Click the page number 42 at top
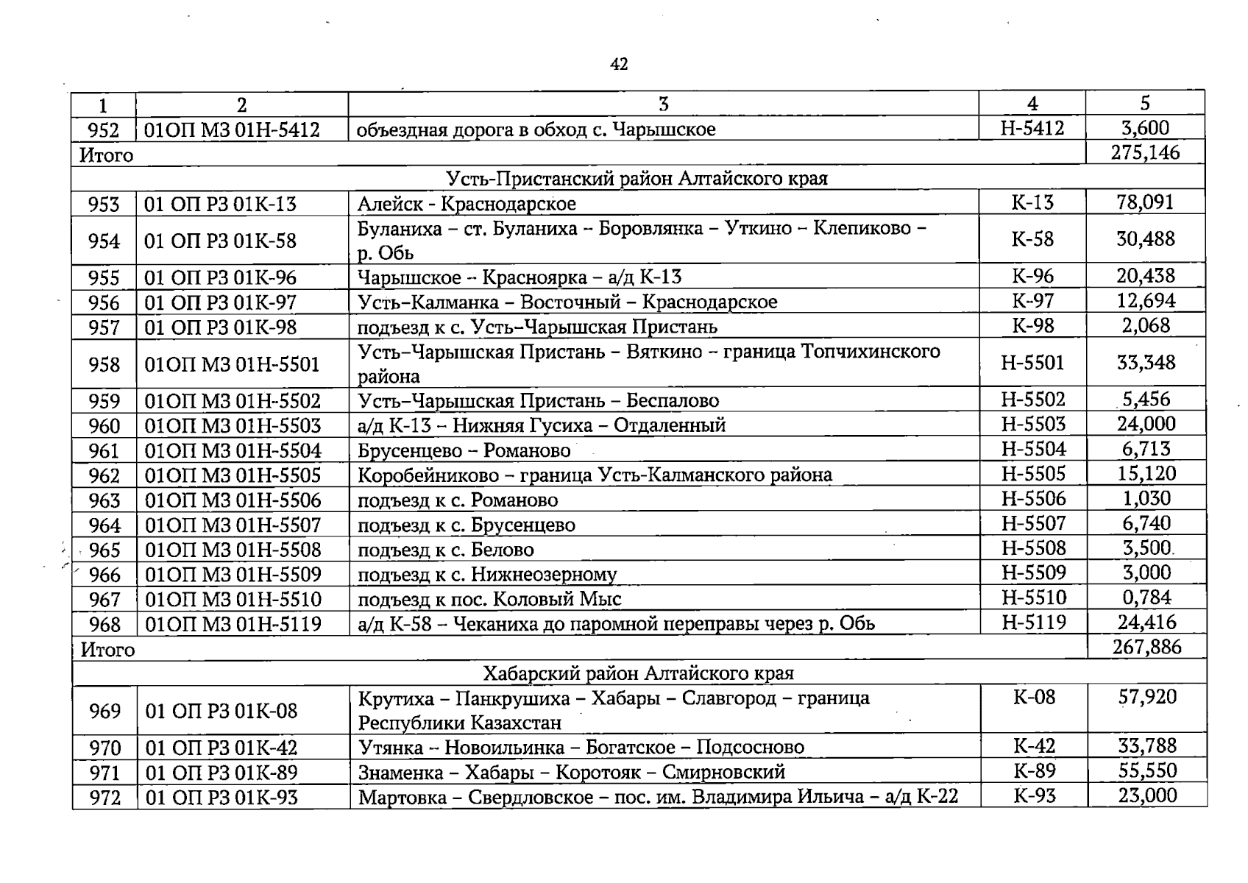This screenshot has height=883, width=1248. pyautogui.click(x=619, y=65)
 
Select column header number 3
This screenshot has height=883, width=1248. pyautogui.click(x=663, y=104)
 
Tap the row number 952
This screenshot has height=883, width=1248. pyautogui.click(x=103, y=130)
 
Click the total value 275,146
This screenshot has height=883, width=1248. pyautogui.click(x=1145, y=153)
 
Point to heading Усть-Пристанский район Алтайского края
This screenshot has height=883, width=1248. pyautogui.click(x=637, y=179)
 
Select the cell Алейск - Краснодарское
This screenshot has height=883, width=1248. pyautogui.click(x=467, y=204)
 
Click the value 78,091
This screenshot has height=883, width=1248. pyautogui.click(x=1145, y=202)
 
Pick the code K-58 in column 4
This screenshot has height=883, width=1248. pyautogui.click(x=1032, y=239)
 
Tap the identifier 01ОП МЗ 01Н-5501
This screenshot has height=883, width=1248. pyautogui.click(x=233, y=364)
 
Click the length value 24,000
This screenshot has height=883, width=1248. pyautogui.click(x=1146, y=424)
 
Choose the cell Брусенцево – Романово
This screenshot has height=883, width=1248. pyautogui.click(x=464, y=450)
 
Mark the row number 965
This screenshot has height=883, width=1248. pyautogui.click(x=104, y=550)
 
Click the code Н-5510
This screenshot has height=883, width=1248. pyautogui.click(x=1033, y=597)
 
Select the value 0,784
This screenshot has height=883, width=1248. pyautogui.click(x=1146, y=597)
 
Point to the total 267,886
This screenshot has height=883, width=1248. pyautogui.click(x=1146, y=647)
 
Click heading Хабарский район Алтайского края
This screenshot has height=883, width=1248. pyautogui.click(x=638, y=673)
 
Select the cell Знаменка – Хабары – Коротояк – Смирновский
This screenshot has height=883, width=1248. pyautogui.click(x=571, y=773)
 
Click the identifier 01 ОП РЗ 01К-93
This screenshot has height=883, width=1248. pyautogui.click(x=221, y=798)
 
